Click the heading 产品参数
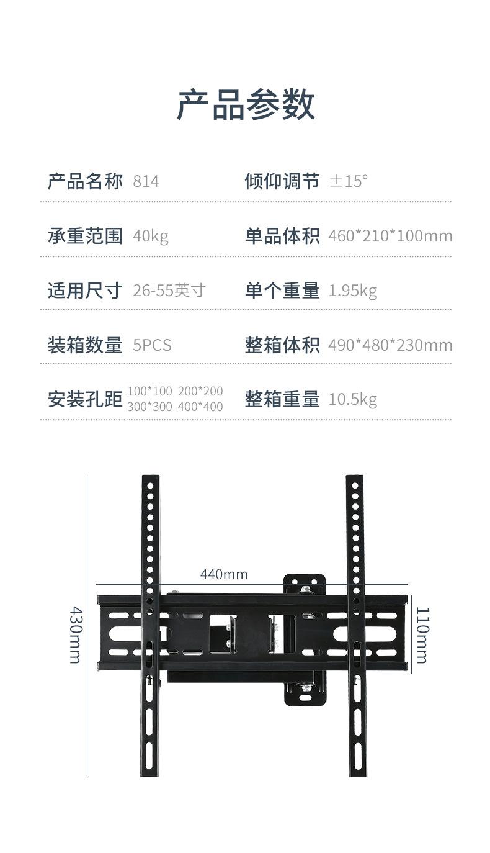pos(246,105)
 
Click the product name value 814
pos(146,181)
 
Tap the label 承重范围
pos(85,236)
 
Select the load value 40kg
pos(150,237)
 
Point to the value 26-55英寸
pos(169,291)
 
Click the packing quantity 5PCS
pos(152,345)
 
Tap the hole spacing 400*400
pos(200,407)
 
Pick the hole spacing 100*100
pos(149,391)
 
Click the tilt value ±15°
pos(349,181)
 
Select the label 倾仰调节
pos(282,181)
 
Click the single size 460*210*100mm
pos(390,236)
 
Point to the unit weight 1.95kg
pos(353,291)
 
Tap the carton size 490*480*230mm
pos(390,345)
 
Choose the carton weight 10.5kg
pos(353,400)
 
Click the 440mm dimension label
pos(224,574)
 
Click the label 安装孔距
pos(85,399)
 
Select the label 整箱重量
pos(282,399)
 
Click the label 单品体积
pos(282,236)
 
